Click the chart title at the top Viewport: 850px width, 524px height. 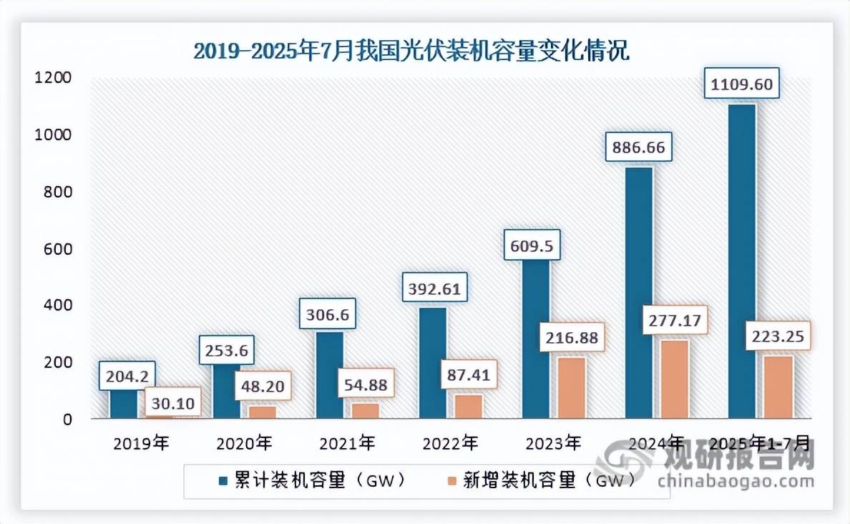[x=411, y=52]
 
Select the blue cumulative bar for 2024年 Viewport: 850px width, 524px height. [x=639, y=293]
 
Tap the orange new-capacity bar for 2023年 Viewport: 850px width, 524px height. [x=572, y=388]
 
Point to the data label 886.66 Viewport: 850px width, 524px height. [x=639, y=149]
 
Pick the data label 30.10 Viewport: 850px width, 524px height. [x=172, y=404]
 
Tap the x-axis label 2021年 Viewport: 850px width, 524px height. [x=346, y=443]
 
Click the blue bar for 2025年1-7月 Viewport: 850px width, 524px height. [x=742, y=261]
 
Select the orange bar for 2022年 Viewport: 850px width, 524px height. [x=469, y=406]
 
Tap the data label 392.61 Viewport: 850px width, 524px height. [x=434, y=289]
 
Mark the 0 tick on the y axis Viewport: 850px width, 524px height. [x=67, y=419]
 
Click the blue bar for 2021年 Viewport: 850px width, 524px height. [x=330, y=374]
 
